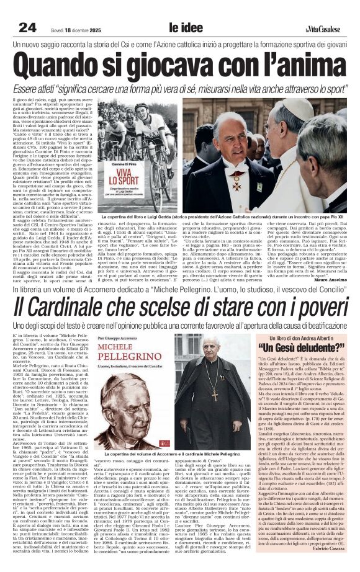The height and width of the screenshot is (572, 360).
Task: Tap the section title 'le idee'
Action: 182,27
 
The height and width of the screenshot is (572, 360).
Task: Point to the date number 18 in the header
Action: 71,29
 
